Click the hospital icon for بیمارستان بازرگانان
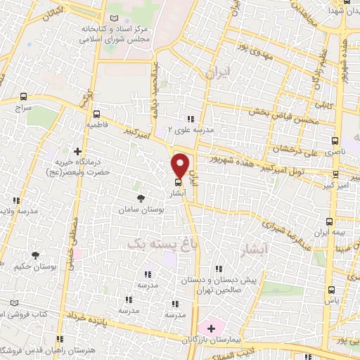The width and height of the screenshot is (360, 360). tap(211, 329)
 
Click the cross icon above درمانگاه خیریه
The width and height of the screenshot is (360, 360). tap(77, 151)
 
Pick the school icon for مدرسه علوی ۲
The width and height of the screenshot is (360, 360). tap(190, 118)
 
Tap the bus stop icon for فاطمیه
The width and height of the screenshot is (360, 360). tap(96, 114)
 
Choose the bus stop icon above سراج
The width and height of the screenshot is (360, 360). tap(24, 96)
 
